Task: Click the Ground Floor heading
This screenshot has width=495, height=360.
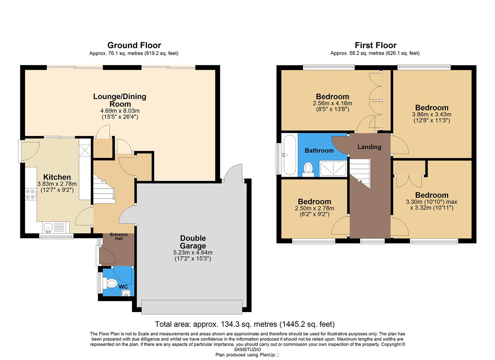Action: click(134, 45)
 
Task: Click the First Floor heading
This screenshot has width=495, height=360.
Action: click(375, 45)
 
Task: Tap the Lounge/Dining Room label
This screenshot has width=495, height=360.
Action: click(120, 100)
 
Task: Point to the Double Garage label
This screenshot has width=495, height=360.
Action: click(193, 242)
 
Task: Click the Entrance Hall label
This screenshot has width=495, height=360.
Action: click(119, 237)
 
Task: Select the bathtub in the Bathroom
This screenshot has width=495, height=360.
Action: click(289, 155)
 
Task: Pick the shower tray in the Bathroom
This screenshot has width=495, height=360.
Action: click(333, 168)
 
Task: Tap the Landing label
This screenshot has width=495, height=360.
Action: click(369, 147)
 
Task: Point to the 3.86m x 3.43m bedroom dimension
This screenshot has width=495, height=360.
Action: click(432, 114)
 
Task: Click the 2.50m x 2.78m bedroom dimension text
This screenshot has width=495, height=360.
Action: click(314, 208)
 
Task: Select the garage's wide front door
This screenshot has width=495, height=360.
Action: click(192, 307)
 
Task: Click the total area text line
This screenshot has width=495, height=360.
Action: click(245, 324)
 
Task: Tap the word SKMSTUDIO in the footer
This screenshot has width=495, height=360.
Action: click(247, 350)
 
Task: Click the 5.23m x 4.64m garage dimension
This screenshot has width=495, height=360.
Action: click(193, 253)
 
